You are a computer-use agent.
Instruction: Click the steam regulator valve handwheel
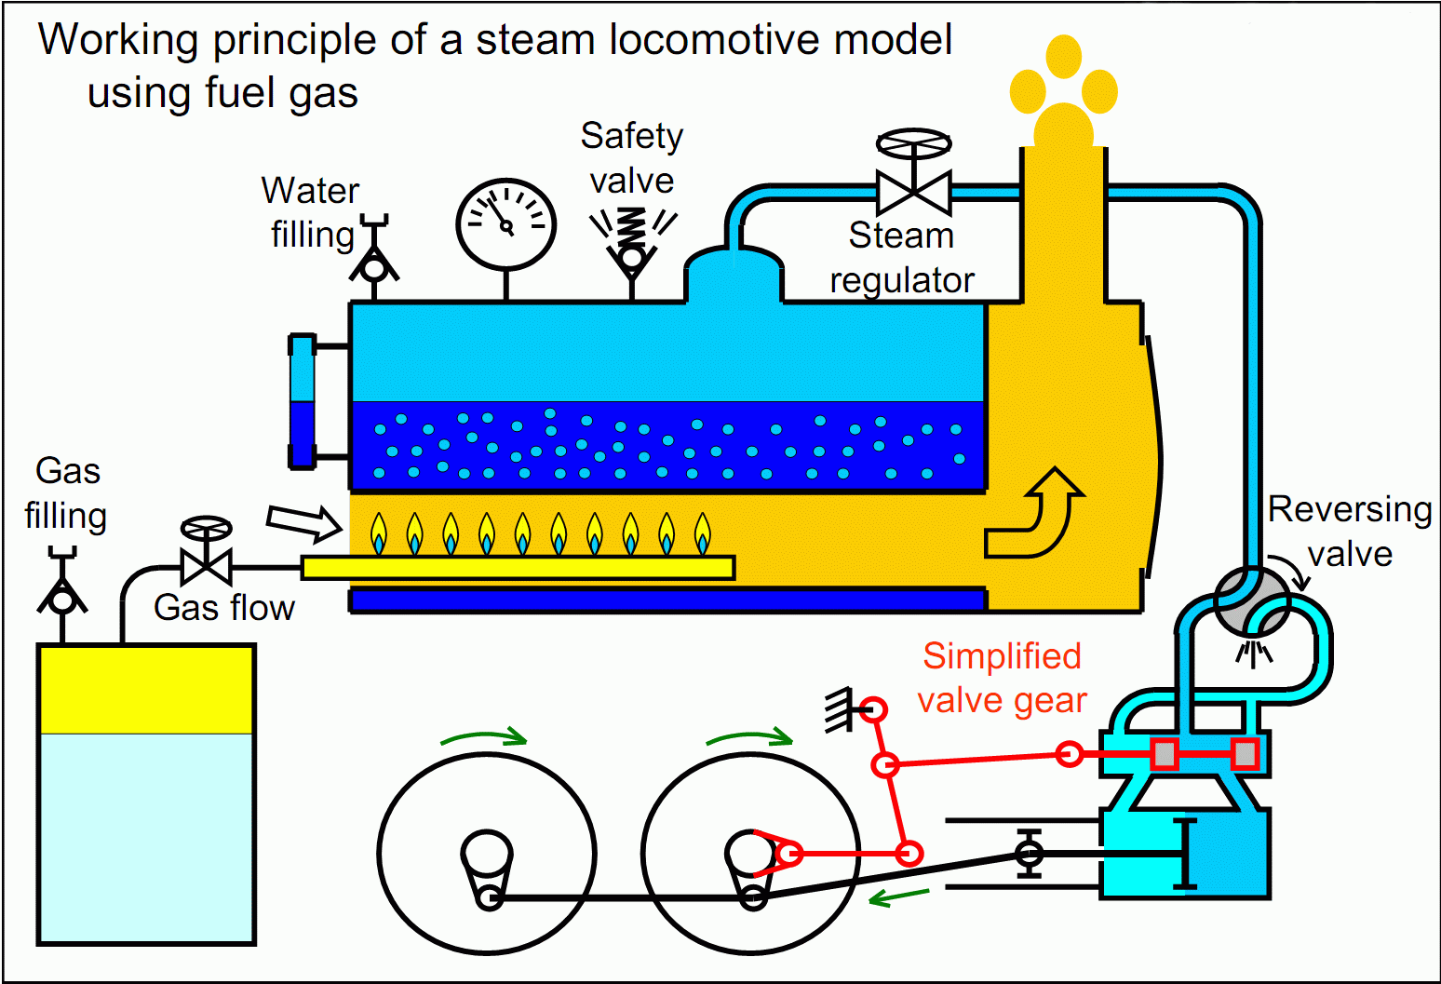pos(914,144)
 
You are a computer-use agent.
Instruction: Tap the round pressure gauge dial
pos(505,224)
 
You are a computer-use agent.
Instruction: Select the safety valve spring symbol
pos(632,225)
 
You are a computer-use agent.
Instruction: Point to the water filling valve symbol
pos(374,263)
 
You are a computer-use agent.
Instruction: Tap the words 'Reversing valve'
pos(1350,531)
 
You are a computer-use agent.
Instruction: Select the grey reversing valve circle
pos(1252,602)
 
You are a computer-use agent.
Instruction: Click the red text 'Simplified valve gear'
pos(1002,678)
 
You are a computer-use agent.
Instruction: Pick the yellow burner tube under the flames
pos(518,567)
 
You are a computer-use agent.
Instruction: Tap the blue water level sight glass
pos(302,401)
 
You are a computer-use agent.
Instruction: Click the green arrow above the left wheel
pos(483,737)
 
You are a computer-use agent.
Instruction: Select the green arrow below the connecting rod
pos(898,896)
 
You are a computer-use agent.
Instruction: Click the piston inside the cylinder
pos(1184,854)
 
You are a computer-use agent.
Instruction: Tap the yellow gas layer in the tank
pos(146,690)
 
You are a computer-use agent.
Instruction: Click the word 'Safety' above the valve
pos(632,136)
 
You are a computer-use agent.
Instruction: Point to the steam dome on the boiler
pos(734,273)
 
